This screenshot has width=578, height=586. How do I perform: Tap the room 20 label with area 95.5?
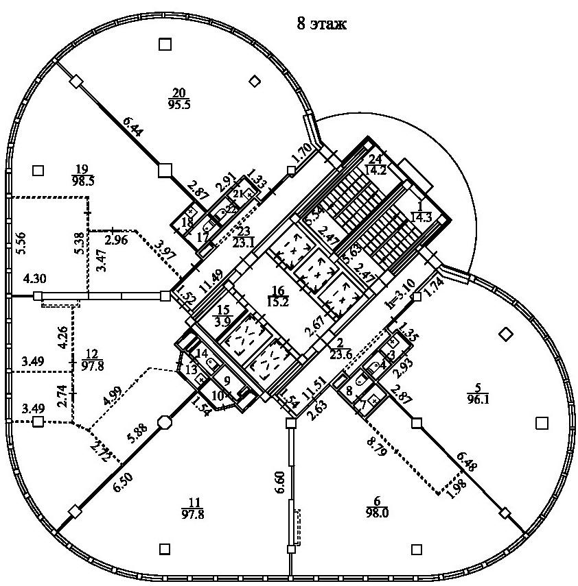(178, 98)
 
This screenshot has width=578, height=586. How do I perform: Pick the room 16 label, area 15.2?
(278, 296)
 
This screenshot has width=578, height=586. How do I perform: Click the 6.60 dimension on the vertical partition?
(278, 489)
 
